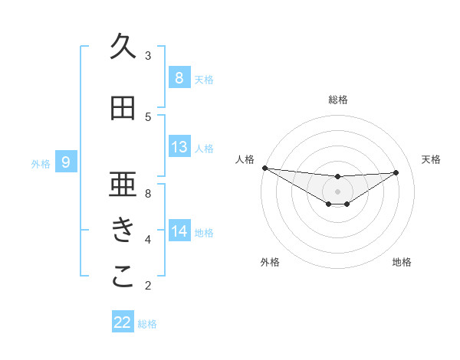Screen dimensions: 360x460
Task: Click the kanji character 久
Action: (123, 47)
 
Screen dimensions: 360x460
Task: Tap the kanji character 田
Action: (123, 109)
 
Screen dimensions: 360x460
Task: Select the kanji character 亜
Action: (123, 185)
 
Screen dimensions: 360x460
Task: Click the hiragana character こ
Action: (123, 277)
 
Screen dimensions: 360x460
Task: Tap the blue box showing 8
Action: (179, 78)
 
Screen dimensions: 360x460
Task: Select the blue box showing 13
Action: (179, 147)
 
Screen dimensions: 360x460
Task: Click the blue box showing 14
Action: (179, 232)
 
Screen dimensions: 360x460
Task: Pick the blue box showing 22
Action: (123, 322)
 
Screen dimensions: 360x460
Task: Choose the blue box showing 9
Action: (66, 162)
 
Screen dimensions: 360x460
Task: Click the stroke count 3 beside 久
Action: (148, 56)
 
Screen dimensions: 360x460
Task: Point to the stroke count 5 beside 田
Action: (148, 117)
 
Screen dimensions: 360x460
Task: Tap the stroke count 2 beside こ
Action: (148, 286)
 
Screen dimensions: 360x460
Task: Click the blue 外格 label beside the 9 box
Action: (40, 162)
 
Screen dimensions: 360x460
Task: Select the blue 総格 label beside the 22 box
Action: (147, 323)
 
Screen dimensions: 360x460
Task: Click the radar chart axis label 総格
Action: (337, 100)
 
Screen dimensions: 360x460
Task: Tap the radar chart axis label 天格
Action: (432, 159)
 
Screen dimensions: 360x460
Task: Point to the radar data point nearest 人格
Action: (264, 168)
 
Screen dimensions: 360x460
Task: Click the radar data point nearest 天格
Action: (396, 172)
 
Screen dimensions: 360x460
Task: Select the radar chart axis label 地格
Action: (402, 262)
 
